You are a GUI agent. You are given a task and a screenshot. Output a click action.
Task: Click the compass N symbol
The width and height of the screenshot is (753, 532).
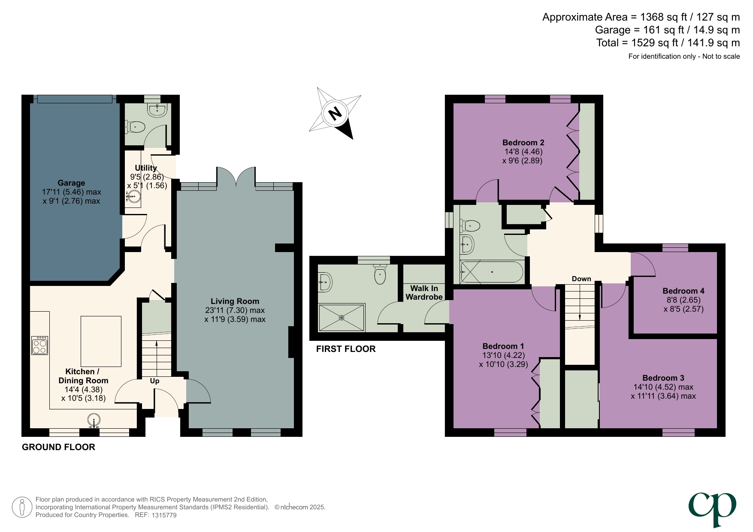pos(335,113)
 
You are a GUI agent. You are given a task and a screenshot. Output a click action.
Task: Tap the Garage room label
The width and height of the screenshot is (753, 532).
pos(71,183)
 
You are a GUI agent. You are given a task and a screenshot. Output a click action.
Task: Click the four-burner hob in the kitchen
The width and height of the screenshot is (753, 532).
pos(39,346)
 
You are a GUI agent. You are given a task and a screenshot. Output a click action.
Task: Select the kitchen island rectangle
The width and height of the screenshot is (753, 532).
pos(101,341)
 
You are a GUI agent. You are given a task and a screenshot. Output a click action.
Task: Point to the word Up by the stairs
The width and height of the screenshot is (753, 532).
pos(154,381)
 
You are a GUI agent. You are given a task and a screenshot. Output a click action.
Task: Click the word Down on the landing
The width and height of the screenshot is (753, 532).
pos(581,279)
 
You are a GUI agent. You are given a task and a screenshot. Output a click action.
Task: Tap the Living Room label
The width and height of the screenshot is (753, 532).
pos(235,301)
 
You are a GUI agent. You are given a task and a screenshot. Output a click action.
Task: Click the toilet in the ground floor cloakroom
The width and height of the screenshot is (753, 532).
pos(136,127)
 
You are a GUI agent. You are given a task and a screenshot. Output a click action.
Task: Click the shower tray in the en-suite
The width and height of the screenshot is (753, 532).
pos(342,317)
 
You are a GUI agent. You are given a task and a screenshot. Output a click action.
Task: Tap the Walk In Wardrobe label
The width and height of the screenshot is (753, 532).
pos(424,293)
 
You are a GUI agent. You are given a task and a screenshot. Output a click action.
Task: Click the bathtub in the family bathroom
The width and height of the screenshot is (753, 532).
pos(492,272)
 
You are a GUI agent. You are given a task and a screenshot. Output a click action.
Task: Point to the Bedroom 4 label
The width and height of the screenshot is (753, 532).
pos(683,291)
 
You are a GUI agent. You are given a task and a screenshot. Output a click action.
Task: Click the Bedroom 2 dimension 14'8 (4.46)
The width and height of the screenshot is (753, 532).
pos(523,152)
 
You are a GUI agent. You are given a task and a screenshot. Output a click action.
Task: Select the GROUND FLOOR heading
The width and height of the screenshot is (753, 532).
pos(58,447)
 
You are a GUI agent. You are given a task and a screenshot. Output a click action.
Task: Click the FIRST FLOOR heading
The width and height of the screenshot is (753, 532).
pos(346,349)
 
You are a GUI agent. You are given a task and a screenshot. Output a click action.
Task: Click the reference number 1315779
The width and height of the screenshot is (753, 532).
pos(164,515)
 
